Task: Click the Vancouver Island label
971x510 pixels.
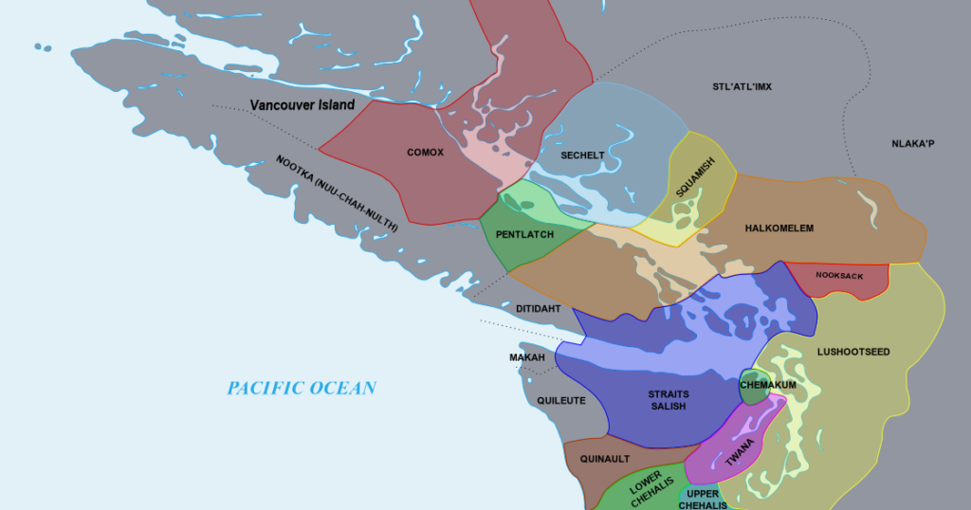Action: (302, 105)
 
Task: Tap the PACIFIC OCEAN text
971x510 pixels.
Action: (301, 388)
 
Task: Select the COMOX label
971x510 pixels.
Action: (425, 153)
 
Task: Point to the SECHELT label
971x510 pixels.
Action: (582, 155)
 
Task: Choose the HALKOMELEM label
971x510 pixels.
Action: (779, 228)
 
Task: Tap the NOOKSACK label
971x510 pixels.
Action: (839, 276)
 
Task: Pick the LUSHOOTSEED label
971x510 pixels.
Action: (853, 352)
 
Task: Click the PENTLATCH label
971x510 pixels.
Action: (524, 234)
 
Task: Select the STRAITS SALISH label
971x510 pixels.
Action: (669, 400)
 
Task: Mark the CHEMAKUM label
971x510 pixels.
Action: (767, 385)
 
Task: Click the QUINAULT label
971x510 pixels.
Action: (606, 459)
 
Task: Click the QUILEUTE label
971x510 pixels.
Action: (561, 400)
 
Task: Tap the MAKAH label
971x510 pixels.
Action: (527, 357)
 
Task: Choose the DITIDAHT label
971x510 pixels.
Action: (539, 309)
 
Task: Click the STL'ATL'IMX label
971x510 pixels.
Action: (742, 87)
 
